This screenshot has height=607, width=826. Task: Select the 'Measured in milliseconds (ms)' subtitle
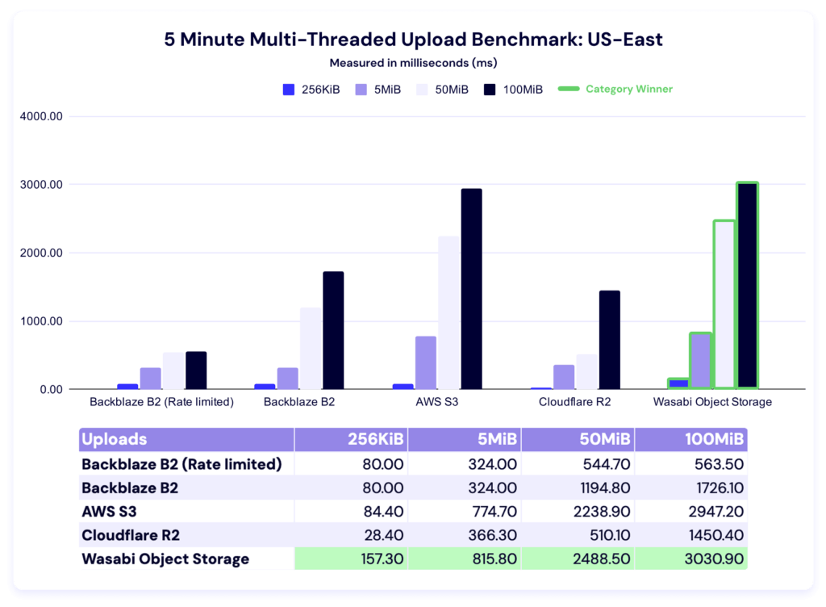pyautogui.click(x=413, y=62)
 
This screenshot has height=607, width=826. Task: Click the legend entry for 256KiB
pyautogui.click(x=311, y=90)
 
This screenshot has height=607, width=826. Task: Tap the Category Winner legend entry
pyautogui.click(x=617, y=90)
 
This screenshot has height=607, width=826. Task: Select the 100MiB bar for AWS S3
pyautogui.click(x=471, y=289)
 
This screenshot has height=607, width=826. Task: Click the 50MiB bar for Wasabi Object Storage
pyautogui.click(x=724, y=304)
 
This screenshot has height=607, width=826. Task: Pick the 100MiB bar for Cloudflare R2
pyautogui.click(x=610, y=340)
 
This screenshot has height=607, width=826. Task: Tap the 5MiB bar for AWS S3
pyautogui.click(x=426, y=362)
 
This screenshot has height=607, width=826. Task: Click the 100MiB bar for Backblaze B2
pyautogui.click(x=333, y=330)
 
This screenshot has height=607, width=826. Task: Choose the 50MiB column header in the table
pyautogui.click(x=578, y=440)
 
